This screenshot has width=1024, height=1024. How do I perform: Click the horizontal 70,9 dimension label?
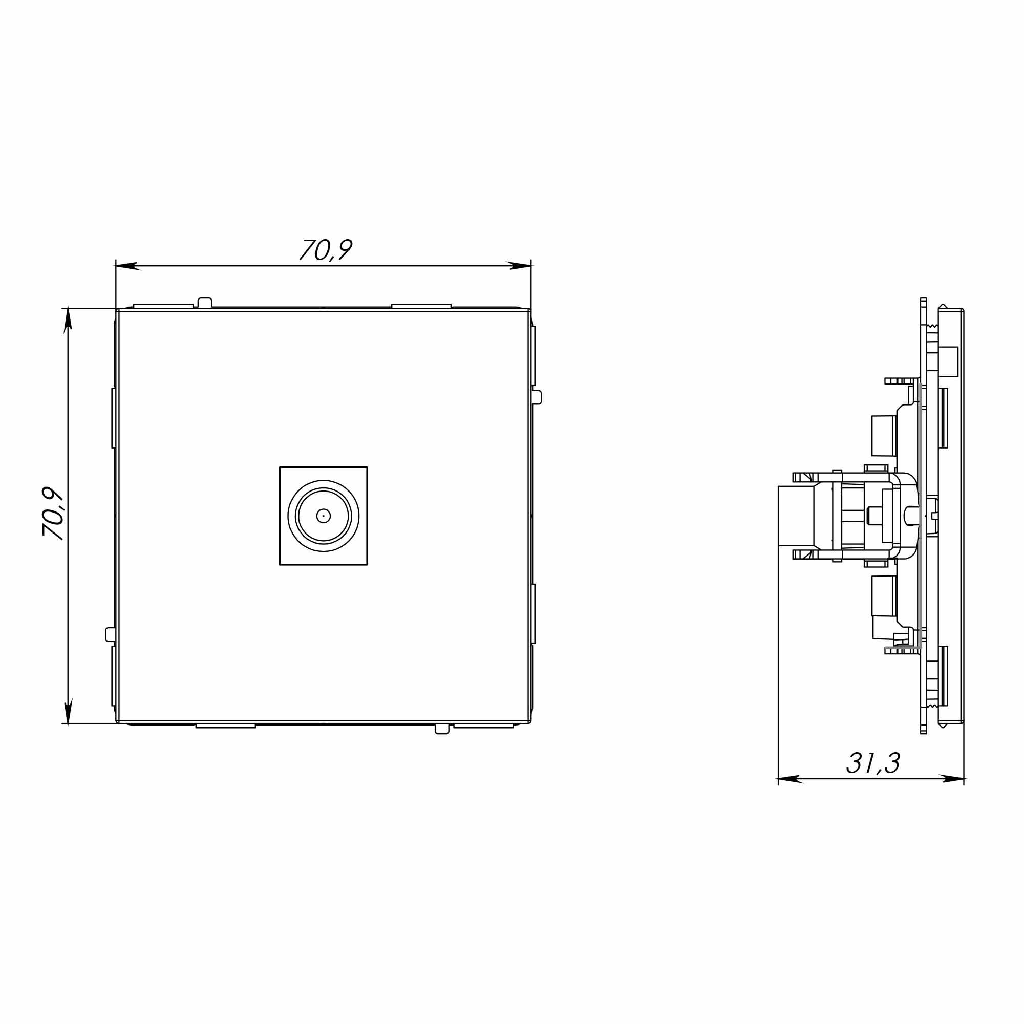[326, 249]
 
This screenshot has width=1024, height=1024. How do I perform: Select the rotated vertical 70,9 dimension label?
[53, 514]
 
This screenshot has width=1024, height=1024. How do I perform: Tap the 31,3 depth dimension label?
[873, 763]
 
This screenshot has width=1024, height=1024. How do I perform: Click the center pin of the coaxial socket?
[323, 516]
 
